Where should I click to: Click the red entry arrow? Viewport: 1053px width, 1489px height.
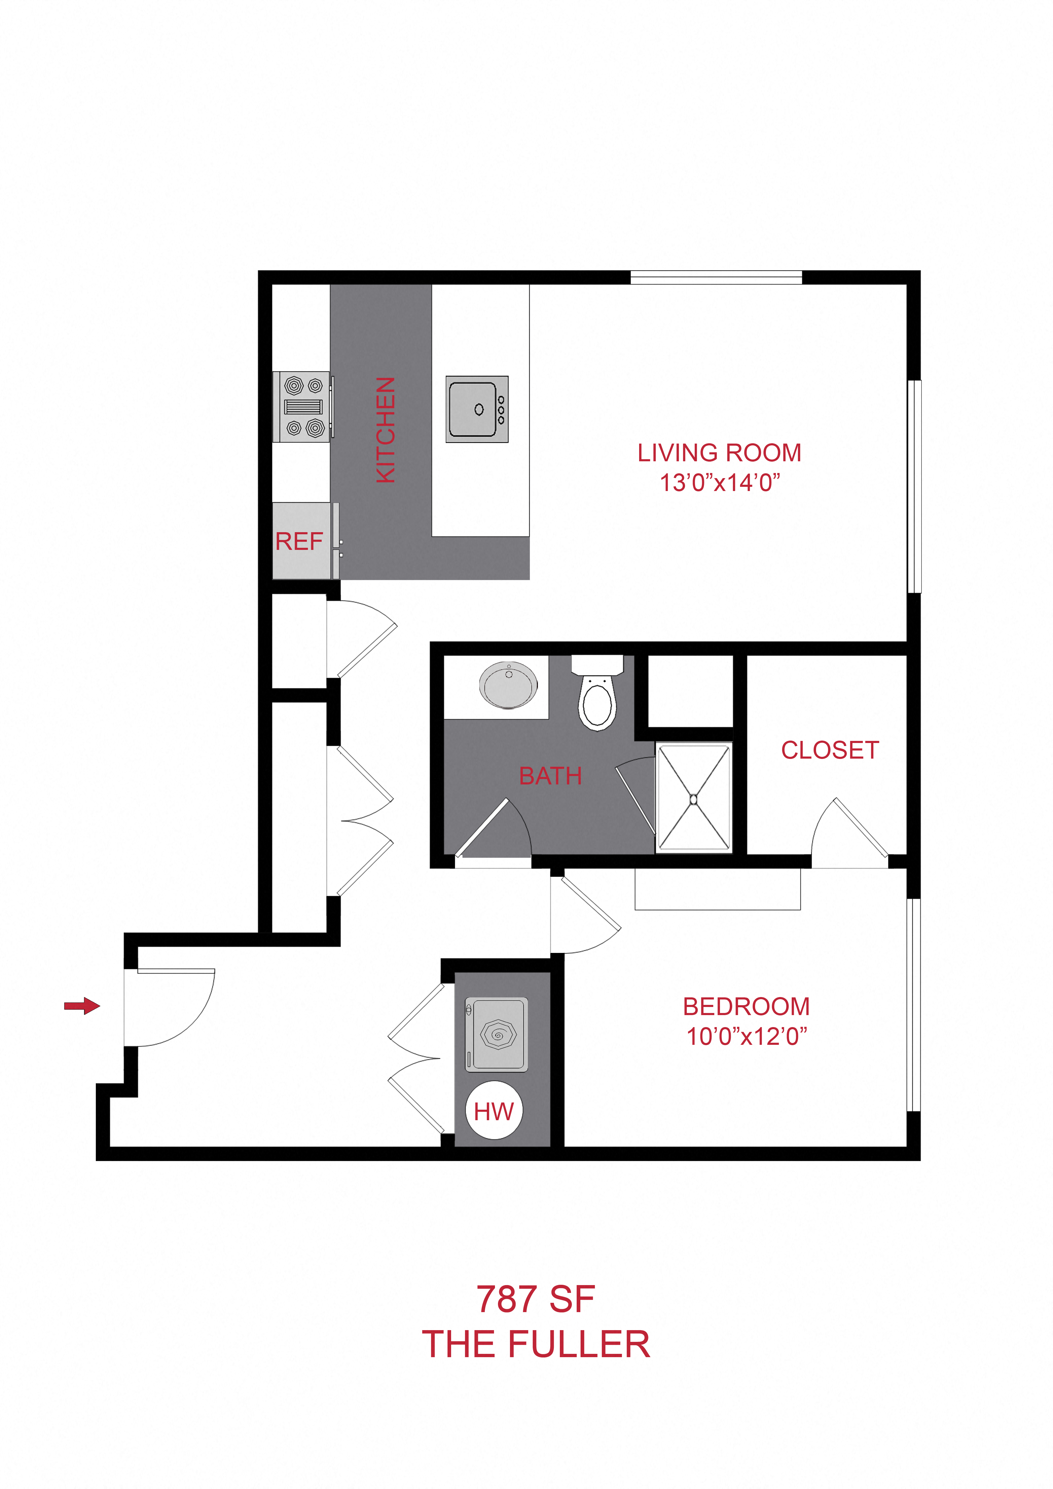(x=82, y=1006)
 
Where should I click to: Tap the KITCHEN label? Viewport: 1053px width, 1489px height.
(x=386, y=430)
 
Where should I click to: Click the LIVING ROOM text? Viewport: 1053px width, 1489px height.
(x=719, y=453)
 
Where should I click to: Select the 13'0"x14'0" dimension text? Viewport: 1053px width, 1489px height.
(x=719, y=483)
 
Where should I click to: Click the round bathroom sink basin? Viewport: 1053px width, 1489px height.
(x=508, y=685)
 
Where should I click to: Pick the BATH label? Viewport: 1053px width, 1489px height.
(x=551, y=776)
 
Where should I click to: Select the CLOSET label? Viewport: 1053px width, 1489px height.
(x=830, y=750)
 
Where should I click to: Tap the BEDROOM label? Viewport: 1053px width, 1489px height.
(x=746, y=1006)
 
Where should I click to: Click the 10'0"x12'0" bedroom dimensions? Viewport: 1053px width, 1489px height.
(x=746, y=1036)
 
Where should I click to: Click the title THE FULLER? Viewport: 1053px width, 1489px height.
(x=536, y=1344)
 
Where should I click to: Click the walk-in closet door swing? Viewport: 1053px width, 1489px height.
(x=849, y=833)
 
